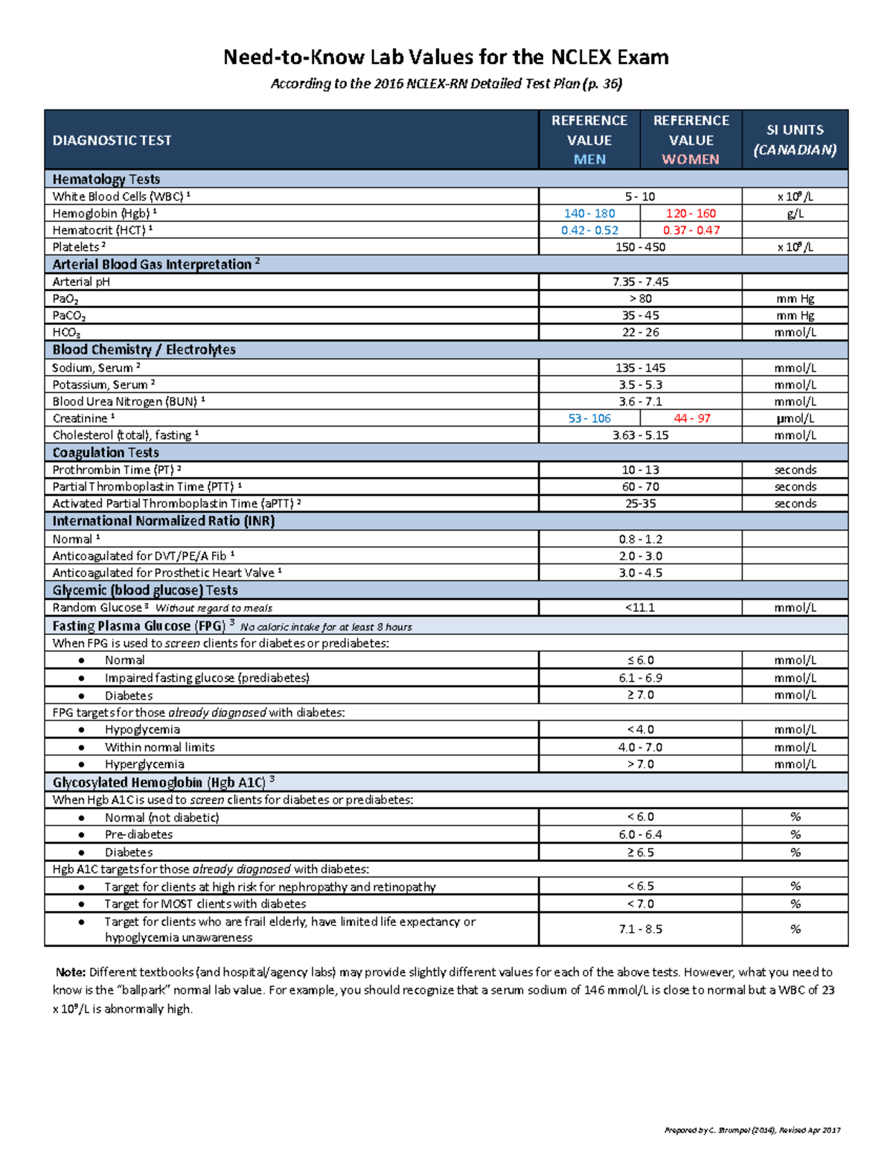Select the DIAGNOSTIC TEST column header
pyautogui.click(x=112, y=140)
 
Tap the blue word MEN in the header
pyautogui.click(x=589, y=159)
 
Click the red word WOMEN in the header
pyautogui.click(x=691, y=159)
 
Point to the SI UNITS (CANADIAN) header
pyautogui.click(x=795, y=139)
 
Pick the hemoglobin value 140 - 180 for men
pyautogui.click(x=589, y=214)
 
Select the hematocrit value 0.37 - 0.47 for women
pyautogui.click(x=691, y=230)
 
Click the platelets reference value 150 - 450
pyautogui.click(x=640, y=247)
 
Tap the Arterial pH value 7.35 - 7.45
pyautogui.click(x=640, y=281)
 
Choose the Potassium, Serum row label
pyautogui.click(x=100, y=385)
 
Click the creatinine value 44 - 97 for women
pyautogui.click(x=691, y=418)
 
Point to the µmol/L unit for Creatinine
pyautogui.click(x=795, y=418)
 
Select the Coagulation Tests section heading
pyautogui.click(x=106, y=453)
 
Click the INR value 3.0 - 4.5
pyautogui.click(x=640, y=572)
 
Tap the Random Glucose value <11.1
pyautogui.click(x=640, y=607)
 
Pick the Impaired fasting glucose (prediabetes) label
pyautogui.click(x=207, y=678)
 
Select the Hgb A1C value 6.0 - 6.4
pyautogui.click(x=640, y=834)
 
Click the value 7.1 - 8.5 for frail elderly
pyautogui.click(x=640, y=929)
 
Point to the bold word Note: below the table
pyautogui.click(x=71, y=972)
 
